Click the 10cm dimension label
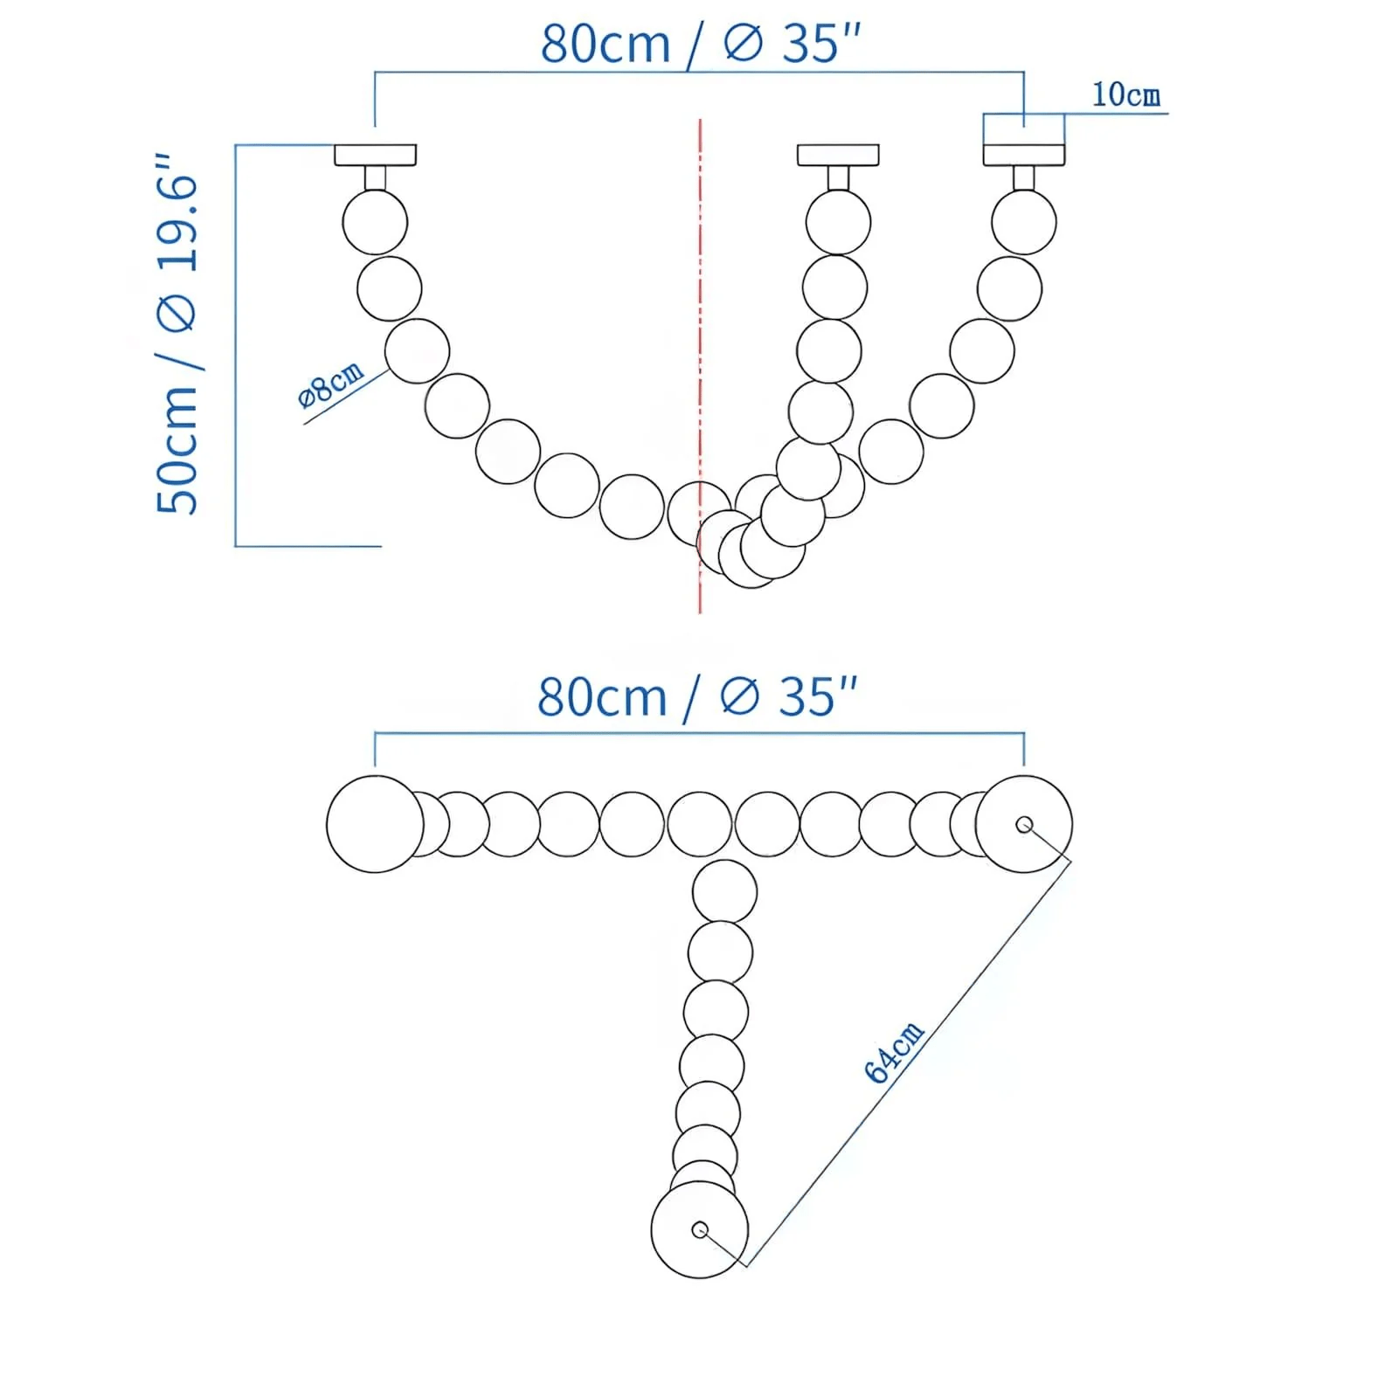1125,94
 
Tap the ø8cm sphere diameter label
330,384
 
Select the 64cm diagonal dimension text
893,1052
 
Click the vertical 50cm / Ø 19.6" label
177,336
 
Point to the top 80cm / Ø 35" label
700,43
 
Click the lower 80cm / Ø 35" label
696,696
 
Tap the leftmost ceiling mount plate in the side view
375,155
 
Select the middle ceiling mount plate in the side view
837,155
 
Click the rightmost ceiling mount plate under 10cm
1023,155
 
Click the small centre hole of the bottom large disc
699,1229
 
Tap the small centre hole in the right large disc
1024,824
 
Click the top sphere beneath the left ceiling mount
375,223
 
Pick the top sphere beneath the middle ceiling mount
838,223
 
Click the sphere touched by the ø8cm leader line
417,350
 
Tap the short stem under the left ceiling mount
375,178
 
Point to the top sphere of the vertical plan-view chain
724,892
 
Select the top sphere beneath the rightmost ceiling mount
1023,223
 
